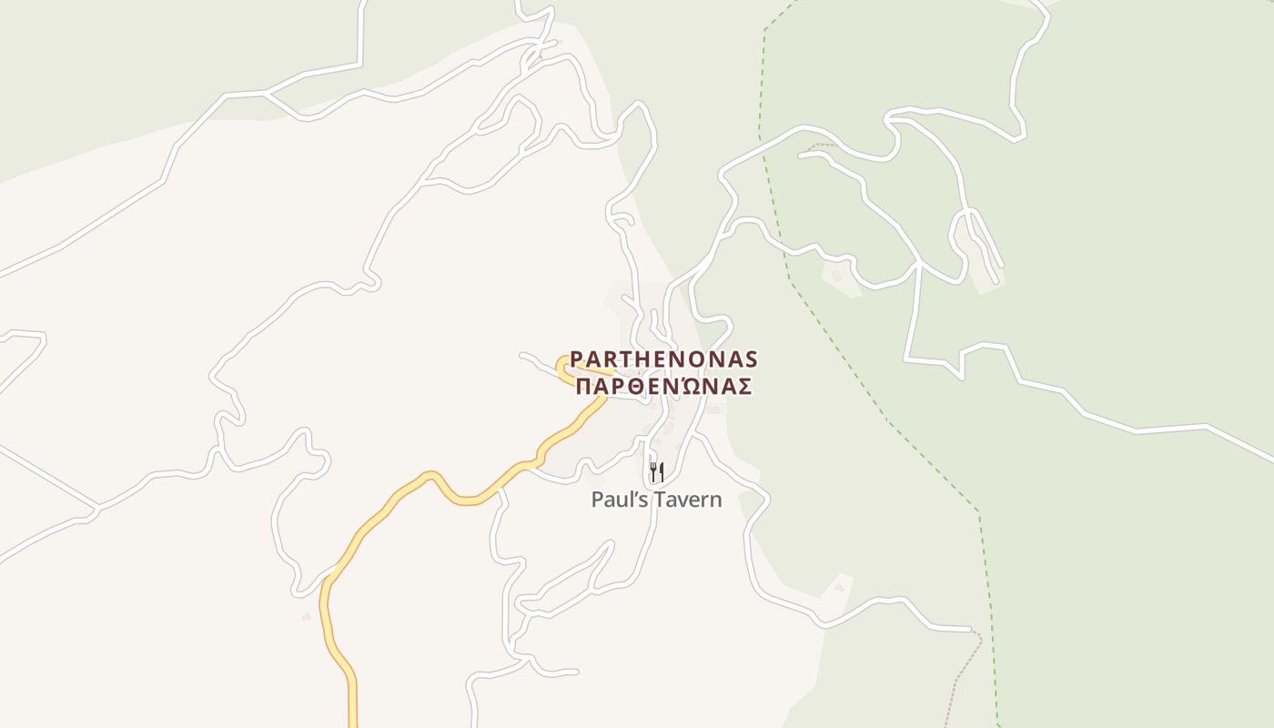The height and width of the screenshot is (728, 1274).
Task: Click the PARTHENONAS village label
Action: point(663,359)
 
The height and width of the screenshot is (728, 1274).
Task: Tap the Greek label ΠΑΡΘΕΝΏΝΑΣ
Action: point(663,387)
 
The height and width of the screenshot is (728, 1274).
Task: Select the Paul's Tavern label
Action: point(656,500)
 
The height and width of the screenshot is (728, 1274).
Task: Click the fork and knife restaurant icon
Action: point(656,471)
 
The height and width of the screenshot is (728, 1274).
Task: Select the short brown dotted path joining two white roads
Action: point(821,145)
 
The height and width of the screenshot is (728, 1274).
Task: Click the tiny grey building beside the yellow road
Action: point(306,617)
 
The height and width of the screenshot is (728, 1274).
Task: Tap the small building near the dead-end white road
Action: point(839,588)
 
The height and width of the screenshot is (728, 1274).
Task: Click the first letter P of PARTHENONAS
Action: point(576,359)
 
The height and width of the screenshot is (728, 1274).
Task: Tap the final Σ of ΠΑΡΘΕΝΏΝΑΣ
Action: point(743,387)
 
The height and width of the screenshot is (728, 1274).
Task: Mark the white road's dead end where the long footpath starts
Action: point(970,629)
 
